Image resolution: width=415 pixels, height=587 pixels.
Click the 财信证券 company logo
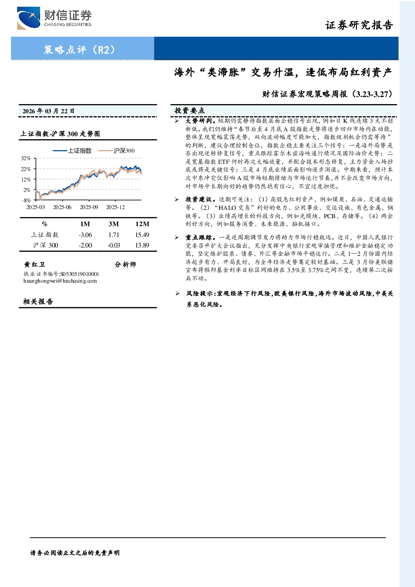[x=54, y=18]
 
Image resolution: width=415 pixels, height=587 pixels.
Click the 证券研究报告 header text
[x=359, y=25]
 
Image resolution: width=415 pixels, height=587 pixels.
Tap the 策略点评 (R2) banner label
[x=79, y=49]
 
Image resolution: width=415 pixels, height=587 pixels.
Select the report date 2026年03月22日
[x=48, y=111]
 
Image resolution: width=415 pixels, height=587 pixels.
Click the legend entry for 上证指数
[x=72, y=151]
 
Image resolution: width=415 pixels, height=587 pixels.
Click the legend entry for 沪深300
[x=117, y=151]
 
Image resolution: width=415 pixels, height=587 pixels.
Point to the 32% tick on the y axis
[x=26, y=158]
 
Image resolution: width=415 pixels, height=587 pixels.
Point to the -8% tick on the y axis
[x=26, y=200]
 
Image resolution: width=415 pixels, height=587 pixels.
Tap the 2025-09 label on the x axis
[x=89, y=207]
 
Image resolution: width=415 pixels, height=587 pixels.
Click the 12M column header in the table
[x=142, y=224]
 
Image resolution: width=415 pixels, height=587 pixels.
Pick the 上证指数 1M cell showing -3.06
[x=85, y=235]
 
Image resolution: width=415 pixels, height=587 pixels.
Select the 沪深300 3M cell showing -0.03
[x=114, y=245]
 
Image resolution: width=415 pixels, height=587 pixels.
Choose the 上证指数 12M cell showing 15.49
[x=142, y=235]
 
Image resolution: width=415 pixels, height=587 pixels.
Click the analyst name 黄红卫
[x=34, y=264]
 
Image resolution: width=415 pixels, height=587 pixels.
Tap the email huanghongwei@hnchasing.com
[x=60, y=281]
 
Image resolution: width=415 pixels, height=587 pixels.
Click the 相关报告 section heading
[x=38, y=301]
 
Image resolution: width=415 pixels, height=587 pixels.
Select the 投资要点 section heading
[x=190, y=111]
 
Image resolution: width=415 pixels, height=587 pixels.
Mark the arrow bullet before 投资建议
[x=177, y=200]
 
